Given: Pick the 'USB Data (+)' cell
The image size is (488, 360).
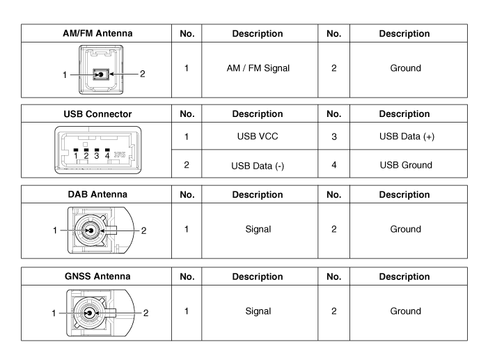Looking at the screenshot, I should pyautogui.click(x=409, y=137).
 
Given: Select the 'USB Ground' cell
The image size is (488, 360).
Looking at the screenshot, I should pyautogui.click(x=409, y=164).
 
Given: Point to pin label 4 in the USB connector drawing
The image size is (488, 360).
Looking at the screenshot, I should pyautogui.click(x=107, y=156).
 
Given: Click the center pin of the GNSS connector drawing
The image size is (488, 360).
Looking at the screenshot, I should pyautogui.click(x=88, y=313).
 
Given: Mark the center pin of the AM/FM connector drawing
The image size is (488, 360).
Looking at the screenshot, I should pyautogui.click(x=102, y=75).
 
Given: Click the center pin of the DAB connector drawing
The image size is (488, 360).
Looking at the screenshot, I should pyautogui.click(x=88, y=228).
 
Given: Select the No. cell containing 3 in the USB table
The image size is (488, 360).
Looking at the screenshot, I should pyautogui.click(x=333, y=137).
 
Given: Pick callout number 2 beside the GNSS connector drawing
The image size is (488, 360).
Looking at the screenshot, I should pyautogui.click(x=145, y=313).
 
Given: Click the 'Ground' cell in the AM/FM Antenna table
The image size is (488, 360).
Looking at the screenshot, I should pyautogui.click(x=409, y=68).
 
